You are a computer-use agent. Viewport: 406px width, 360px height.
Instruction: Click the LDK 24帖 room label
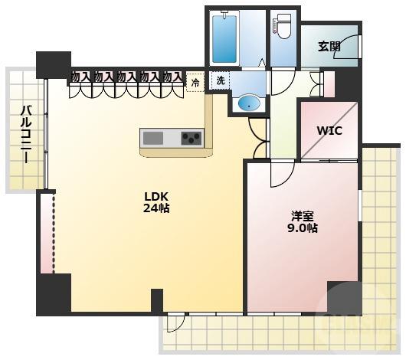156,202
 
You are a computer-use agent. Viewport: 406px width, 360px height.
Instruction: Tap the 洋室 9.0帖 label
303,222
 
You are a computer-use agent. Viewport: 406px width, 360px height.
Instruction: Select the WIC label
329,131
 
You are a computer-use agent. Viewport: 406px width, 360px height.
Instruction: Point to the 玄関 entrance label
329,47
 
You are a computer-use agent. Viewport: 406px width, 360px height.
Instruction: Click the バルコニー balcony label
26,133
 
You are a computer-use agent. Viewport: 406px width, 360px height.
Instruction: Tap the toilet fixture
283,26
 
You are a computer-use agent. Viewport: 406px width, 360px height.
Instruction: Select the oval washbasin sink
248,104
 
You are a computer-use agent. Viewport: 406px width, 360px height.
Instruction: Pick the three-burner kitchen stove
192,138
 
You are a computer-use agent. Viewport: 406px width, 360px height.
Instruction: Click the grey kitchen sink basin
153,138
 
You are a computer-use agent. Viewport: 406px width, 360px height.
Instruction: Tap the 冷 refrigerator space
195,83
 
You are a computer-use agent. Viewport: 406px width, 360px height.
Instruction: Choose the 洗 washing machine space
220,80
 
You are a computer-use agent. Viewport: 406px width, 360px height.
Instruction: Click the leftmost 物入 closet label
80,77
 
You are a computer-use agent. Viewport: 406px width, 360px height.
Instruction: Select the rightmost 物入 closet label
172,77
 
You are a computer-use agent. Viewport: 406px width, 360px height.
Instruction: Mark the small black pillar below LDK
157,300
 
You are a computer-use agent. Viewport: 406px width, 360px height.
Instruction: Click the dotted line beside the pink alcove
54,234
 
